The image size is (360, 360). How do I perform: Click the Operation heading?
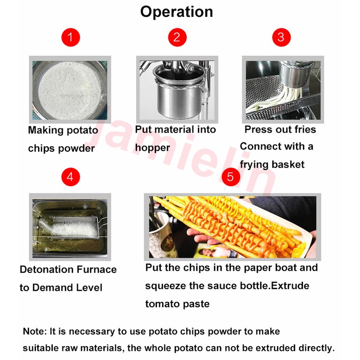[x=177, y=12]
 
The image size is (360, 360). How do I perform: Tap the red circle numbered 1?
[x=71, y=37]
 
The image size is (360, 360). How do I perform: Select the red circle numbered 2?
[x=177, y=37]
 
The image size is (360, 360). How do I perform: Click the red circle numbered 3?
[x=281, y=37]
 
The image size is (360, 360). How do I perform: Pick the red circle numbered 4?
[x=71, y=177]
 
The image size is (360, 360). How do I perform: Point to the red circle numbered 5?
[x=231, y=177]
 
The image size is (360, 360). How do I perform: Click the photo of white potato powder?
[x=70, y=90]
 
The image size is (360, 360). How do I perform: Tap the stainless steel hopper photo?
[x=177, y=90]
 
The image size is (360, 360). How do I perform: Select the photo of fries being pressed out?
[x=283, y=90]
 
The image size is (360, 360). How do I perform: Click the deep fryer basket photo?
[x=70, y=227]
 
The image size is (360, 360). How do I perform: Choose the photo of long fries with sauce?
[x=233, y=227]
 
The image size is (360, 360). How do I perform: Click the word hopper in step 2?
[x=153, y=148]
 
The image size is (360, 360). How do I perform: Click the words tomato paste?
[x=178, y=304]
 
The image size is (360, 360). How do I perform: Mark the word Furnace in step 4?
[x=96, y=270]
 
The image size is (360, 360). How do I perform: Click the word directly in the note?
[x=317, y=348]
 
